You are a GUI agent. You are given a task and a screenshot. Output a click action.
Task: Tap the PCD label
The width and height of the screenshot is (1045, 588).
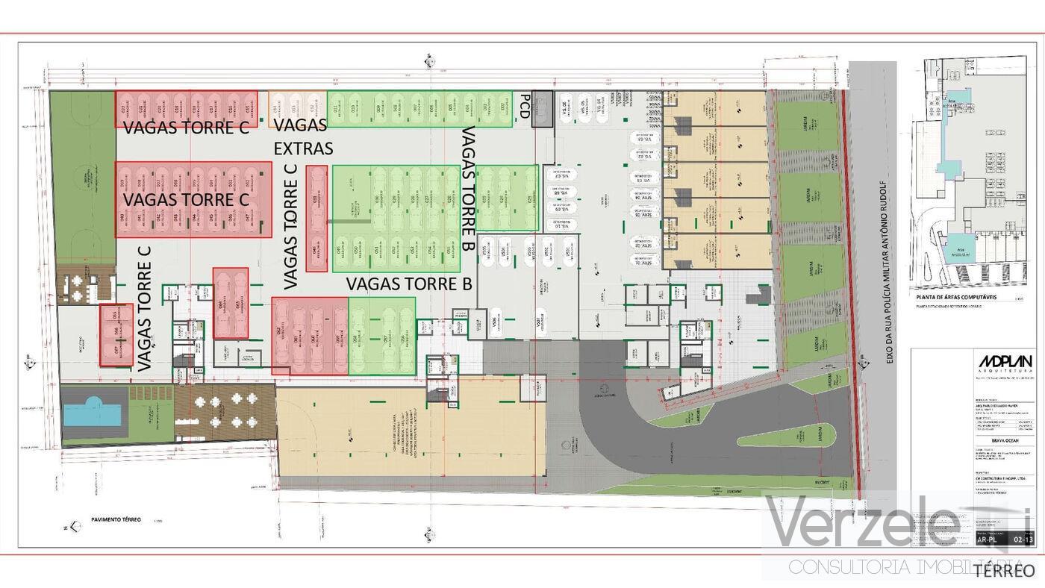click(525, 106)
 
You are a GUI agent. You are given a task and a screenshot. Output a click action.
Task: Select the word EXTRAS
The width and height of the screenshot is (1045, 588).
click(302, 148)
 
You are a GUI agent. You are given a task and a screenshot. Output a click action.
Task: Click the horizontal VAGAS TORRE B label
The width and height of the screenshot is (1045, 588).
click(409, 284)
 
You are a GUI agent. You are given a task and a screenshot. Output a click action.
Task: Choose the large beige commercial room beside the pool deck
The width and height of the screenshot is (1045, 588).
click(411, 432)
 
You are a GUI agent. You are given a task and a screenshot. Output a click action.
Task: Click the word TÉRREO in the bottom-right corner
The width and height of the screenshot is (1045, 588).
click(1005, 571)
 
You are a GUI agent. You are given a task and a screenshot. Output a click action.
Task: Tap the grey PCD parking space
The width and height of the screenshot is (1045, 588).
click(543, 109)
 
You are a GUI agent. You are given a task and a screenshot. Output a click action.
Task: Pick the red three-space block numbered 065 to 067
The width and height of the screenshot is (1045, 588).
click(116, 334)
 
